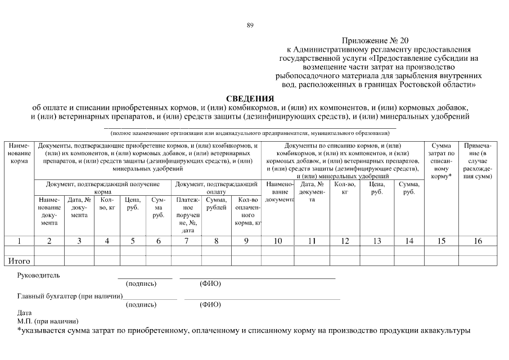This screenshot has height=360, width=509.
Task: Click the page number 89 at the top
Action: (250, 25)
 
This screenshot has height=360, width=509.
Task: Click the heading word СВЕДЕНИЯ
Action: (250, 98)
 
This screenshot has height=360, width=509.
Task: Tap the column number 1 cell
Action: (19, 241)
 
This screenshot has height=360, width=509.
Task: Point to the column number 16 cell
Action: (478, 241)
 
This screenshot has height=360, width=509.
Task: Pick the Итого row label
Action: (19, 261)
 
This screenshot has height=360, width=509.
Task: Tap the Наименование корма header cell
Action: (19, 153)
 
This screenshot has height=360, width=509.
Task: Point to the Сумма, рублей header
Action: (216, 204)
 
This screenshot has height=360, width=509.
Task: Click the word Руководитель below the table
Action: (38, 276)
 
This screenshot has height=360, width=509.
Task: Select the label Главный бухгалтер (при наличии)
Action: (70, 296)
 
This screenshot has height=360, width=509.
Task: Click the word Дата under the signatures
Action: (25, 313)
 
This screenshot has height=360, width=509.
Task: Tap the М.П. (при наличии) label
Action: (47, 321)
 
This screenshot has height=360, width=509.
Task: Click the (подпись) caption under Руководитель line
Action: (142, 283)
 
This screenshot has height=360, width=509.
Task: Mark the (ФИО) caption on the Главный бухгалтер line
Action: (210, 304)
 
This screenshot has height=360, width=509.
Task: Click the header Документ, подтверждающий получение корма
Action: (103, 187)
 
